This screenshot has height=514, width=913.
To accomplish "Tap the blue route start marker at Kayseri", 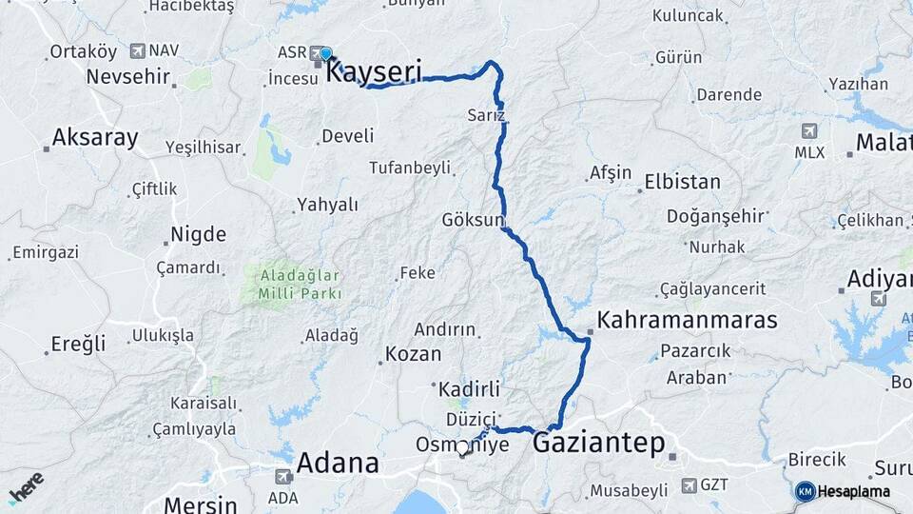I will pos(326,53).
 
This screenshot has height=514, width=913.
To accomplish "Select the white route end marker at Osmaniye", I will pos(463,446).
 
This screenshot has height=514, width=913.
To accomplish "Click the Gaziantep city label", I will pos(598,443).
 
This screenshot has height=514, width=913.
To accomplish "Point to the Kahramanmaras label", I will pos(688,319).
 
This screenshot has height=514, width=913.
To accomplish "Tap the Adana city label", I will pos(338,464).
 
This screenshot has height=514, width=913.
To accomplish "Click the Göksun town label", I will pos(473,220).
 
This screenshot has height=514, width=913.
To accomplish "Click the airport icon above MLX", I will pos(809,131).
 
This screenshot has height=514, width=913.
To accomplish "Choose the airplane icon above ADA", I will pos(282,476).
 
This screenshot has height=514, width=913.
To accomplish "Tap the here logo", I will pos(26,487).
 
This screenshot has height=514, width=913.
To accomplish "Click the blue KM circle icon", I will pos(805,491).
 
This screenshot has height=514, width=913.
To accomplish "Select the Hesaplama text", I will pos(854,491).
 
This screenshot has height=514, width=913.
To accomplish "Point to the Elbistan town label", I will pos(682,181).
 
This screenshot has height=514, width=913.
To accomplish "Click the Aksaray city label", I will pos(95,137).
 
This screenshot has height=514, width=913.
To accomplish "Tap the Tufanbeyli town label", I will pos(410,168).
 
